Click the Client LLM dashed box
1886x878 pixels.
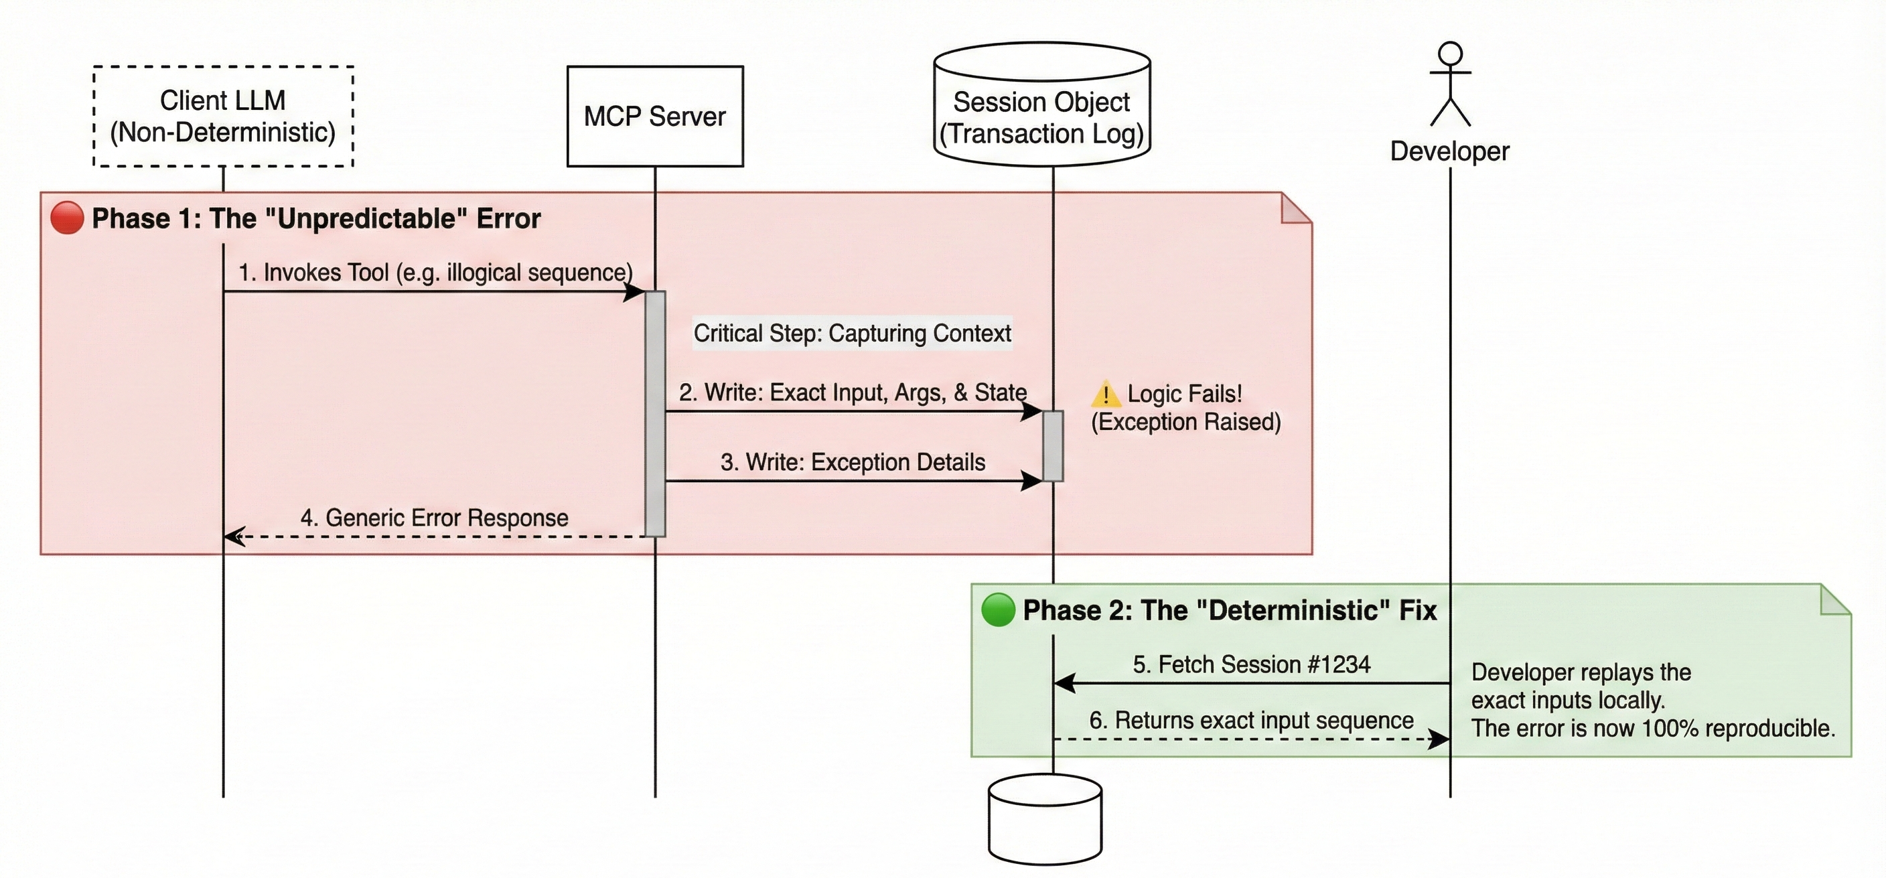tap(223, 117)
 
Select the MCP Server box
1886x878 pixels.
tap(654, 117)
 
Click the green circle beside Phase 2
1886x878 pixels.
tap(998, 610)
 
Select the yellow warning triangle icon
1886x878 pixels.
tap(1106, 394)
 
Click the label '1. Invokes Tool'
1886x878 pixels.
tap(435, 273)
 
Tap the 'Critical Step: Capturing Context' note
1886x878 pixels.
tap(852, 334)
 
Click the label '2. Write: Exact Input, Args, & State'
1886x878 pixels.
tap(852, 392)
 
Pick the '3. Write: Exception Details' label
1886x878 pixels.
tap(852, 462)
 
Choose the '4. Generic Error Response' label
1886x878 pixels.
tap(434, 518)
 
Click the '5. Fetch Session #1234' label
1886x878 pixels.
tap(1251, 664)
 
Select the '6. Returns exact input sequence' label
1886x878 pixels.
tap(1251, 720)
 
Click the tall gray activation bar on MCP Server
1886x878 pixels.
tap(655, 414)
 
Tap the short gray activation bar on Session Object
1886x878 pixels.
tap(1053, 446)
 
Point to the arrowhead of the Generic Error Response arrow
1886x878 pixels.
tap(233, 536)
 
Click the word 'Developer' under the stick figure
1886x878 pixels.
tap(1449, 151)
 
